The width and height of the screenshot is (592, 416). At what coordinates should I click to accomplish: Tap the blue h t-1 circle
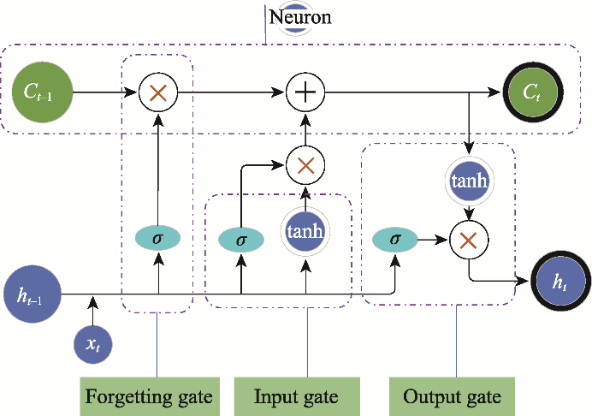pyautogui.click(x=32, y=295)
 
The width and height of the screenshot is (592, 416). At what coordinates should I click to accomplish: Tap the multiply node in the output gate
pyautogui.click(x=469, y=241)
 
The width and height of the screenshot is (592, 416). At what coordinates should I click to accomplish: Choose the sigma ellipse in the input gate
pyautogui.click(x=241, y=241)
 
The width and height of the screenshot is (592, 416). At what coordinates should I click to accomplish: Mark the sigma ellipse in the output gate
pyautogui.click(x=394, y=239)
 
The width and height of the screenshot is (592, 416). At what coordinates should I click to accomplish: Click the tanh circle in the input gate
pyautogui.click(x=305, y=232)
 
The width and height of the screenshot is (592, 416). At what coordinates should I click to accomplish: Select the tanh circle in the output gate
pyautogui.click(x=468, y=181)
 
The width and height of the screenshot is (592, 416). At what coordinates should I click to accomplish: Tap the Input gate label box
pyautogui.click(x=296, y=397)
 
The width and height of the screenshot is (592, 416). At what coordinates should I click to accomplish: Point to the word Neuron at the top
pyautogui.click(x=299, y=16)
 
